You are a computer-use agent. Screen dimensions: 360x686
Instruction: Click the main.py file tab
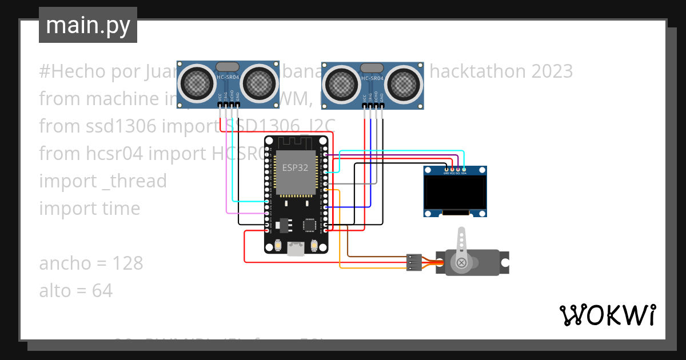(87, 25)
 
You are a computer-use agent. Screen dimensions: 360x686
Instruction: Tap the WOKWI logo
(607, 315)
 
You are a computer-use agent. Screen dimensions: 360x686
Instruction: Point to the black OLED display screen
(455, 193)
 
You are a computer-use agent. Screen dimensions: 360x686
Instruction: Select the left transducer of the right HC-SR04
(342, 85)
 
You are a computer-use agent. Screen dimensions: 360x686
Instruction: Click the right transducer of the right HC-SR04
(405, 85)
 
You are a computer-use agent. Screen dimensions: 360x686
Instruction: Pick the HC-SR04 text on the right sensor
(373, 78)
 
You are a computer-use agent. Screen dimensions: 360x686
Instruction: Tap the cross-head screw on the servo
(461, 262)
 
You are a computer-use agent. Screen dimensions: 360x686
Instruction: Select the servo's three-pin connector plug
(414, 262)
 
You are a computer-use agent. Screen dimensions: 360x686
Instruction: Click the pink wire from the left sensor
(228, 171)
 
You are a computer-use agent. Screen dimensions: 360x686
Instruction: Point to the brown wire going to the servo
(377, 257)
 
